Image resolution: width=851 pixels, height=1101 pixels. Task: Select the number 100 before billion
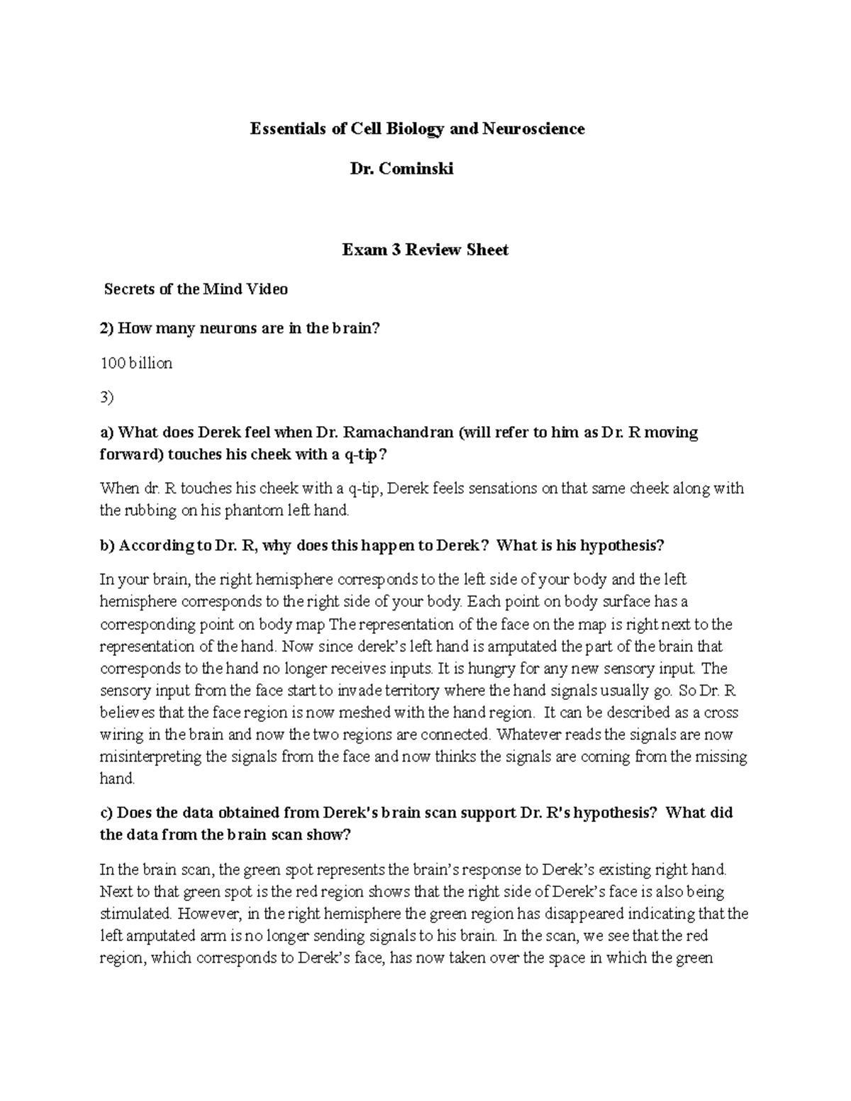point(111,364)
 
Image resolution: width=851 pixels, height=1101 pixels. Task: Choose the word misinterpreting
point(151,756)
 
